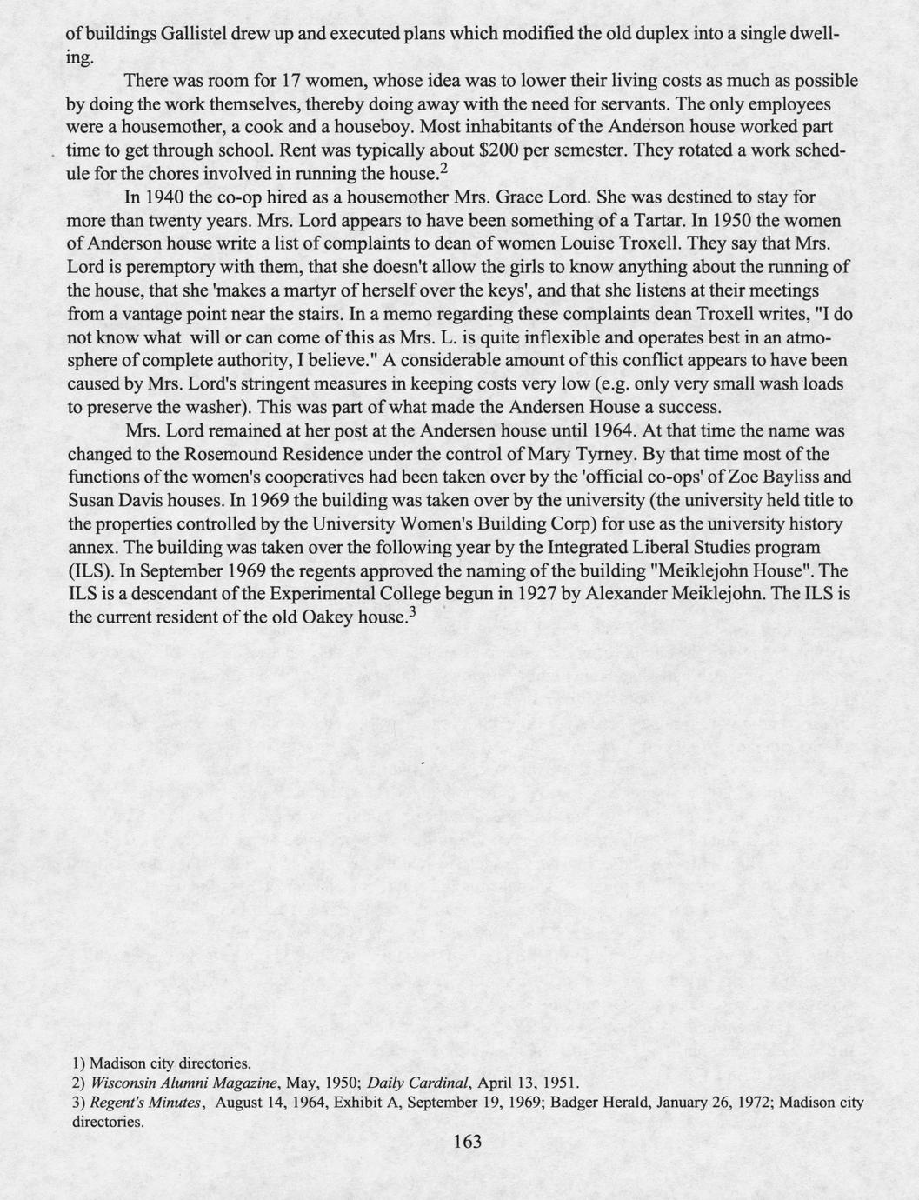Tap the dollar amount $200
pos(491,150)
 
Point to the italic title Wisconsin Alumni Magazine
pos(183,1083)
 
